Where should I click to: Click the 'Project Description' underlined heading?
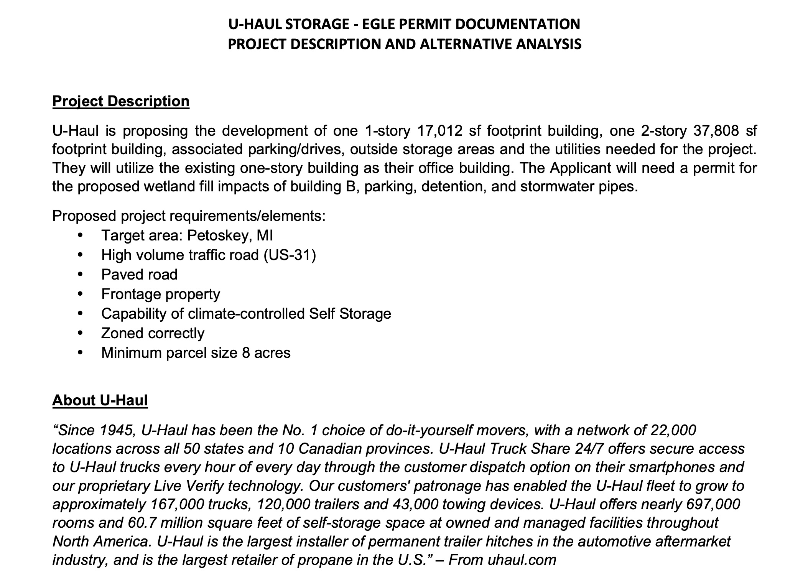(x=121, y=101)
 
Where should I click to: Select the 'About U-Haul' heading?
(x=100, y=400)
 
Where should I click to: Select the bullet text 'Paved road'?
(x=139, y=275)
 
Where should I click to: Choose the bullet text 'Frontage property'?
(x=161, y=294)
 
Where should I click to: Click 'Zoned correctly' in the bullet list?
(x=153, y=333)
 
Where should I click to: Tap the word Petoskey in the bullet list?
(x=218, y=235)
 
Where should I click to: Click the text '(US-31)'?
(x=290, y=255)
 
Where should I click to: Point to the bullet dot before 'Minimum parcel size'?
(x=80, y=353)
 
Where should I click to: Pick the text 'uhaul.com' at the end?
(x=522, y=560)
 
